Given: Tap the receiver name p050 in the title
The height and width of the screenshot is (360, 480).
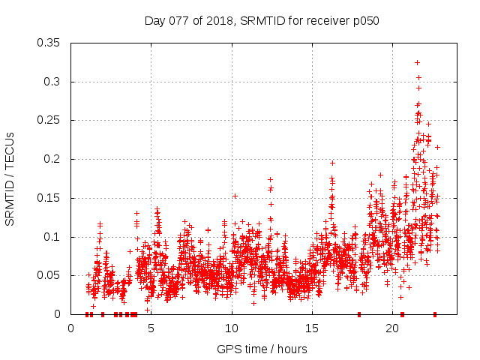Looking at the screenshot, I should tap(364, 21).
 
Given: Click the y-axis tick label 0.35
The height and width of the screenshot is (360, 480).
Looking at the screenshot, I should tap(49, 43).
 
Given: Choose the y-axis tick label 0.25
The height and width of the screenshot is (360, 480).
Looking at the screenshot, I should tap(49, 121).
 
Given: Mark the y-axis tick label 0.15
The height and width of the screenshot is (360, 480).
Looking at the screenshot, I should tap(49, 198).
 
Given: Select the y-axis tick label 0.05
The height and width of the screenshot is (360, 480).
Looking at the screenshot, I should tap(49, 276).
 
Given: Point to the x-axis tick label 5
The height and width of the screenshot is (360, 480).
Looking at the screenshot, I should tap(151, 328).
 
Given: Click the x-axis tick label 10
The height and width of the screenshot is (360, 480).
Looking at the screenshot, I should tap(232, 328).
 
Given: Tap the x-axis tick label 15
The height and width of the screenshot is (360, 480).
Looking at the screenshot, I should tap(312, 328).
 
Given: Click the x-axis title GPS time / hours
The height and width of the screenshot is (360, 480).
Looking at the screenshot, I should tap(262, 349).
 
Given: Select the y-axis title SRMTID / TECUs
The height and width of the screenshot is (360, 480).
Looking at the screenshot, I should tap(10, 178).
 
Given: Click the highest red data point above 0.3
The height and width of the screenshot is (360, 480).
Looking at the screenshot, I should tap(417, 62).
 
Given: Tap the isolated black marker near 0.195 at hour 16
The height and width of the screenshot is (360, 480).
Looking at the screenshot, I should tap(332, 163).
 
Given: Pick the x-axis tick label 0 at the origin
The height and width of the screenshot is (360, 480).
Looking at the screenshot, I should tap(70, 328).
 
